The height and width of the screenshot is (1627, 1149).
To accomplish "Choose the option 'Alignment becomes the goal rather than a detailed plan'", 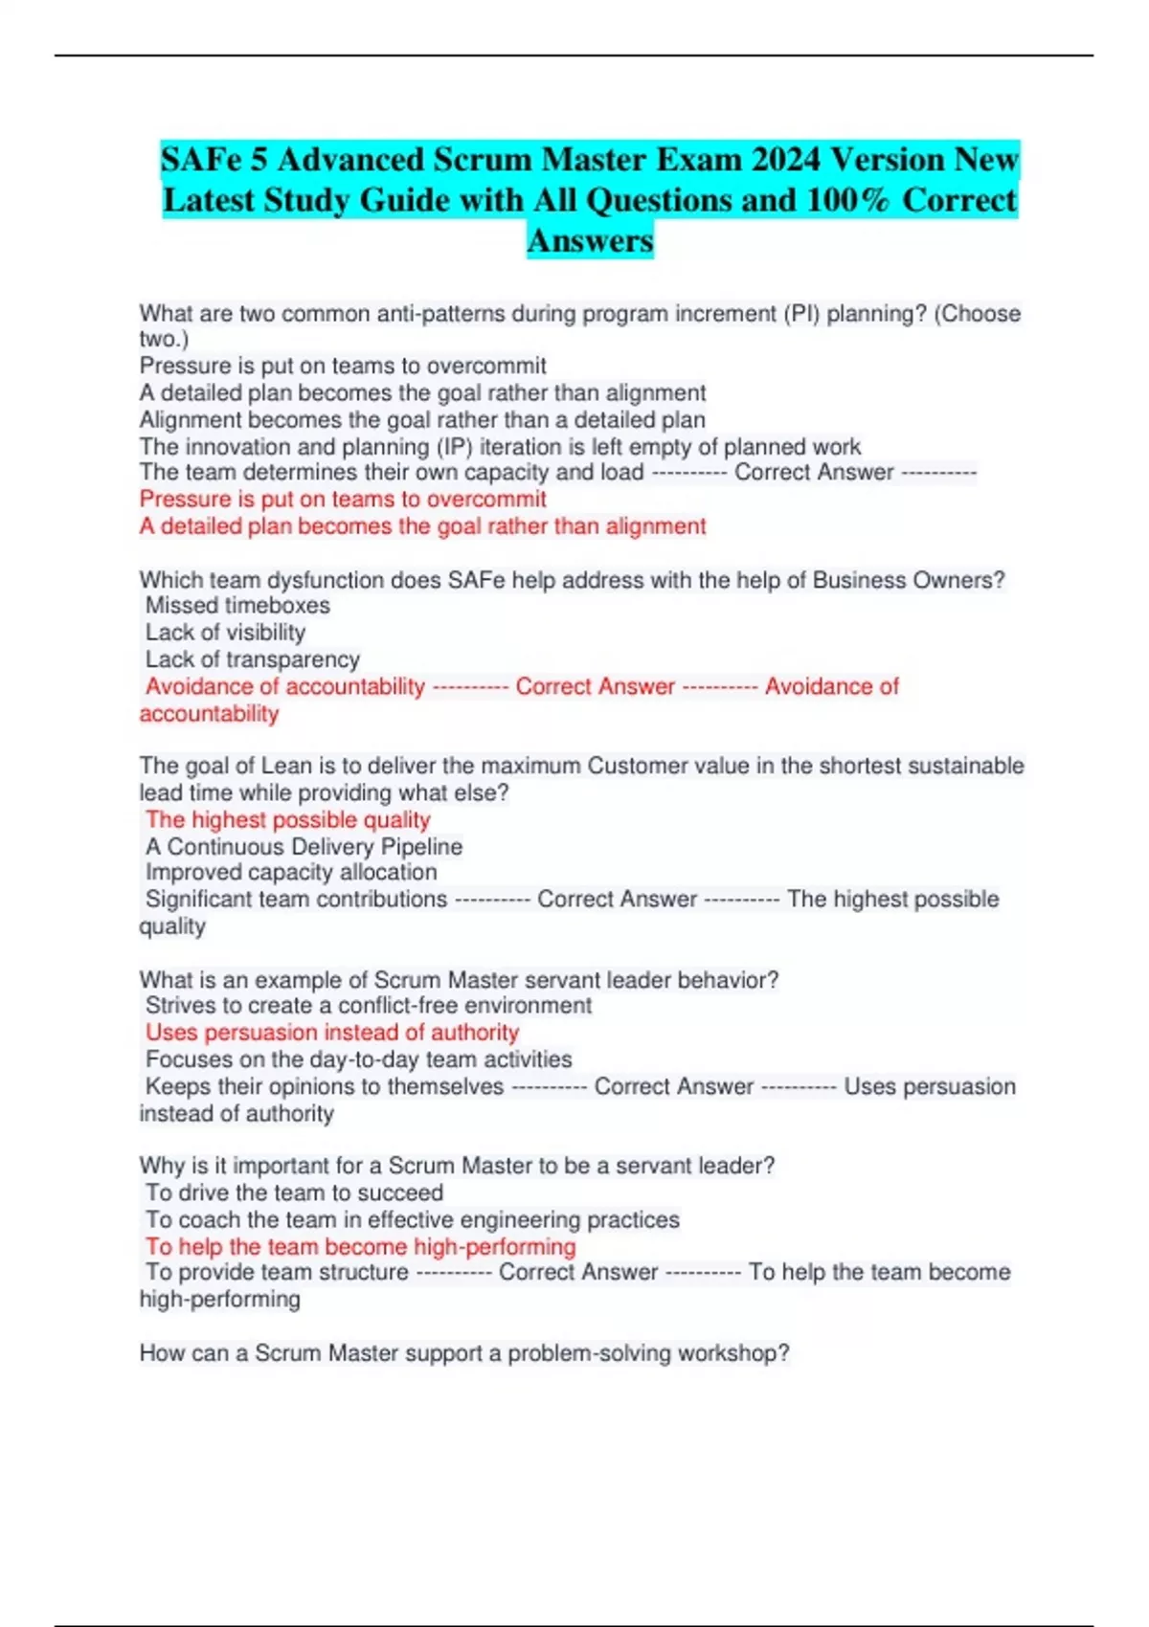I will click(x=422, y=420).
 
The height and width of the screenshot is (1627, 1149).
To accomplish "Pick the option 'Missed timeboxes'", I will click(x=237, y=606).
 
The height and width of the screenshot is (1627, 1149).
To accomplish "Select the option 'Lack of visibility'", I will click(x=225, y=633).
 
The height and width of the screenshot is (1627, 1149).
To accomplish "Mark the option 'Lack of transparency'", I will click(x=252, y=659).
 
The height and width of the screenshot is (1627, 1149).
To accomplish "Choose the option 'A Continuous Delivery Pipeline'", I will click(x=304, y=847).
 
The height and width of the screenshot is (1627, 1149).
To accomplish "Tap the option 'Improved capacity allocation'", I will click(x=291, y=873).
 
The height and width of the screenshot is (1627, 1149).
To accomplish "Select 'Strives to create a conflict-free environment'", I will click(x=369, y=1006).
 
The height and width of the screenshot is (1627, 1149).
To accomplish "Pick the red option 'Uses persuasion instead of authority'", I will click(x=332, y=1033).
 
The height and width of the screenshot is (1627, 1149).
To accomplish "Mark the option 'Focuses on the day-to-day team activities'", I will click(x=359, y=1059).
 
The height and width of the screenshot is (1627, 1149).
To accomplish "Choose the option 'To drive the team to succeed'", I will click(x=294, y=1193).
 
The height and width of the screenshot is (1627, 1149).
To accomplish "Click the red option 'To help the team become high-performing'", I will click(x=361, y=1247).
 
